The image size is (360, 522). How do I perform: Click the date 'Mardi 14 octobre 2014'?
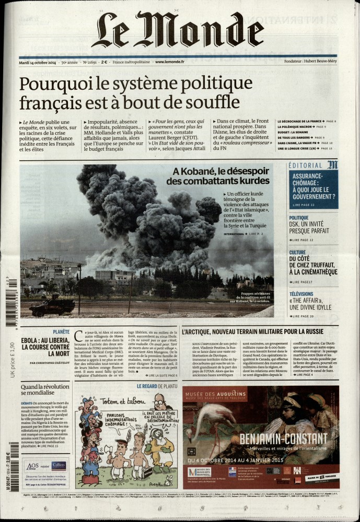click(x=37, y=62)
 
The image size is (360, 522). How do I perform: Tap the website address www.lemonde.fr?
click(x=169, y=62)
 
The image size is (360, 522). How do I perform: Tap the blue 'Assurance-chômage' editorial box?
click(x=313, y=187)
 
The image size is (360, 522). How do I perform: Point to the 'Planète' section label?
click(x=61, y=331)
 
